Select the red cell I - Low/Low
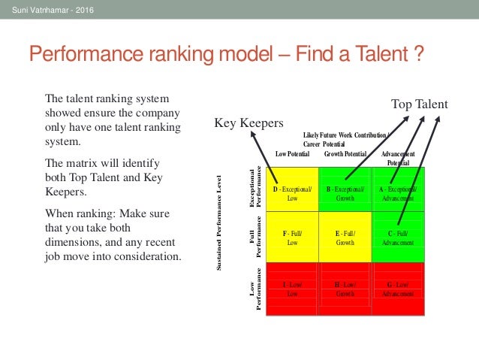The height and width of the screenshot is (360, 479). click(292, 289)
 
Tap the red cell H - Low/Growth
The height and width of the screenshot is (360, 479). click(345, 289)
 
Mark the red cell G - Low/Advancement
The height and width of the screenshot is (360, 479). click(398, 289)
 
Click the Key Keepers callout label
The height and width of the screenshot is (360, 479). click(249, 123)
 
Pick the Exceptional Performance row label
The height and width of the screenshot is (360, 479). click(256, 187)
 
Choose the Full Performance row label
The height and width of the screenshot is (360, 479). click(256, 235)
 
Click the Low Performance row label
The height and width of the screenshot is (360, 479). click(256, 291)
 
